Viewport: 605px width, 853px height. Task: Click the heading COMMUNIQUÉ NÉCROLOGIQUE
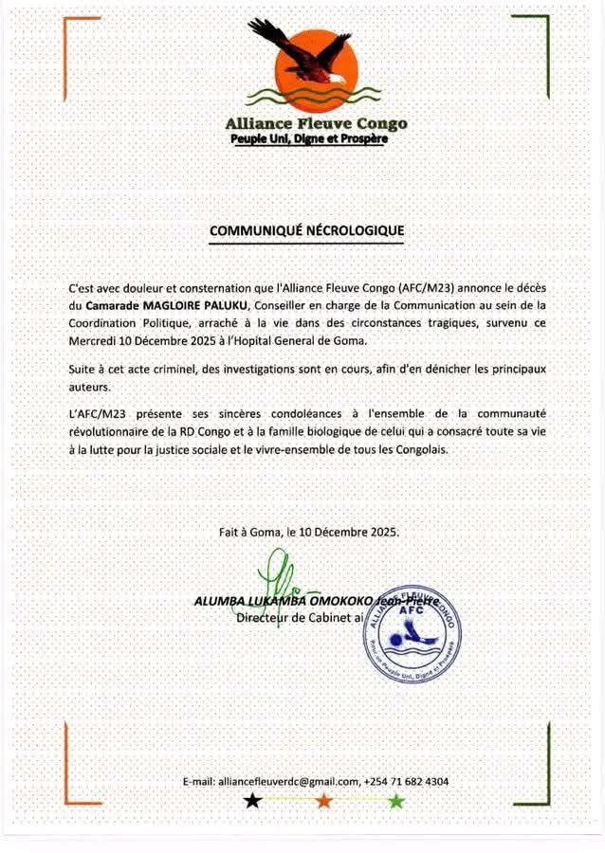306,230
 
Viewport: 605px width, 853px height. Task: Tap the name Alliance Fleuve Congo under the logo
316,123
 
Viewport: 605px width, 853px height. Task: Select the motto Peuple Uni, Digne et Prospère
309,139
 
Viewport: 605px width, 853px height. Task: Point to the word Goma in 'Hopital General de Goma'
372,340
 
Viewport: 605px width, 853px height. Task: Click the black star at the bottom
251,801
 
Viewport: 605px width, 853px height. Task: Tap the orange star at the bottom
324,801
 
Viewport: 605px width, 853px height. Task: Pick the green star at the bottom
396,801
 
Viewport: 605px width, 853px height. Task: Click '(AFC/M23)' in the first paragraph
426,286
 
